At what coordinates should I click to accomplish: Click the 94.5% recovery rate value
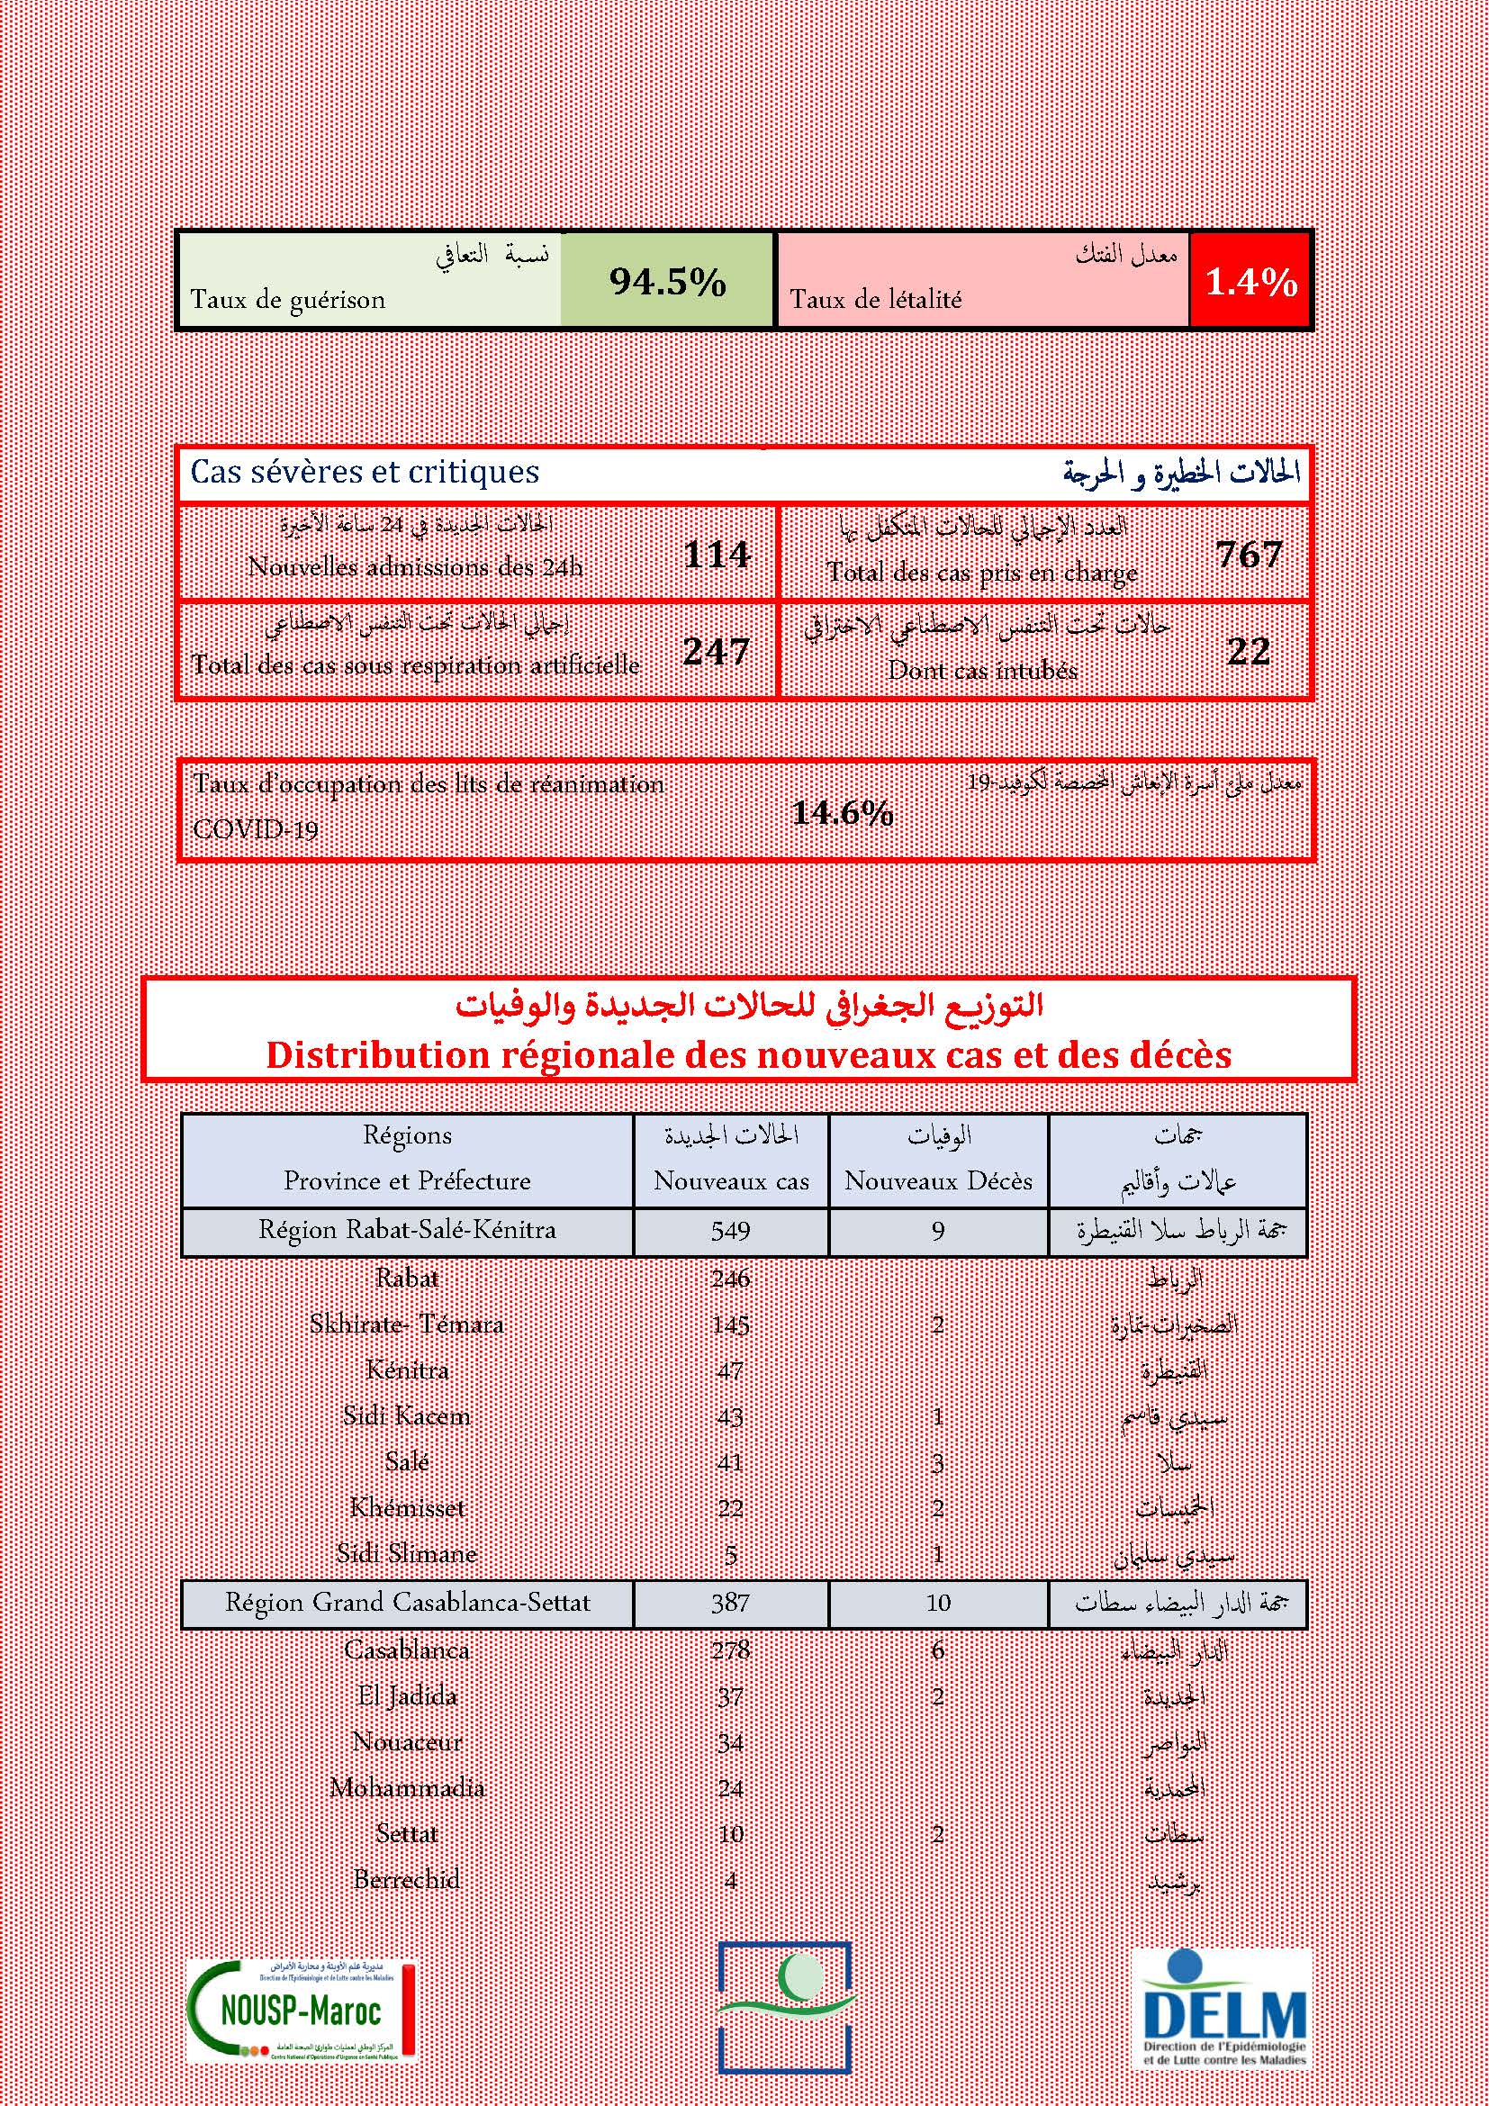(667, 282)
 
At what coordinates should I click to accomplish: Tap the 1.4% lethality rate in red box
(1250, 283)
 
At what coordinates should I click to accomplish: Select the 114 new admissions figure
(717, 554)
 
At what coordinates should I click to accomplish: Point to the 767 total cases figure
(1249, 554)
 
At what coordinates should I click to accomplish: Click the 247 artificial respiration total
(717, 651)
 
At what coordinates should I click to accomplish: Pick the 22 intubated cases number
(1249, 651)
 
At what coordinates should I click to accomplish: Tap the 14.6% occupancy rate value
(842, 813)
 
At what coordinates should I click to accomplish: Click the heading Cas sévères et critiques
(365, 473)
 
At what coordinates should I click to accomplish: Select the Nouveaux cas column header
(731, 1180)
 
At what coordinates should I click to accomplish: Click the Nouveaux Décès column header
(938, 1180)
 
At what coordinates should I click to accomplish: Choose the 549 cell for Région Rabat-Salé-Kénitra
(731, 1230)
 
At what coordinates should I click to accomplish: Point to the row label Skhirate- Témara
(406, 1324)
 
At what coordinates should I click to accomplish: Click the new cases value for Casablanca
(731, 1650)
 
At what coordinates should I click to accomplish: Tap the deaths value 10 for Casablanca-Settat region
(938, 1603)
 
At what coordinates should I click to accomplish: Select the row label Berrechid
(406, 1879)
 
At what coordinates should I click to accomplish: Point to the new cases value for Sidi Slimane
(731, 1555)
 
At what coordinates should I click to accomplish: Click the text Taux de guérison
(288, 300)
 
